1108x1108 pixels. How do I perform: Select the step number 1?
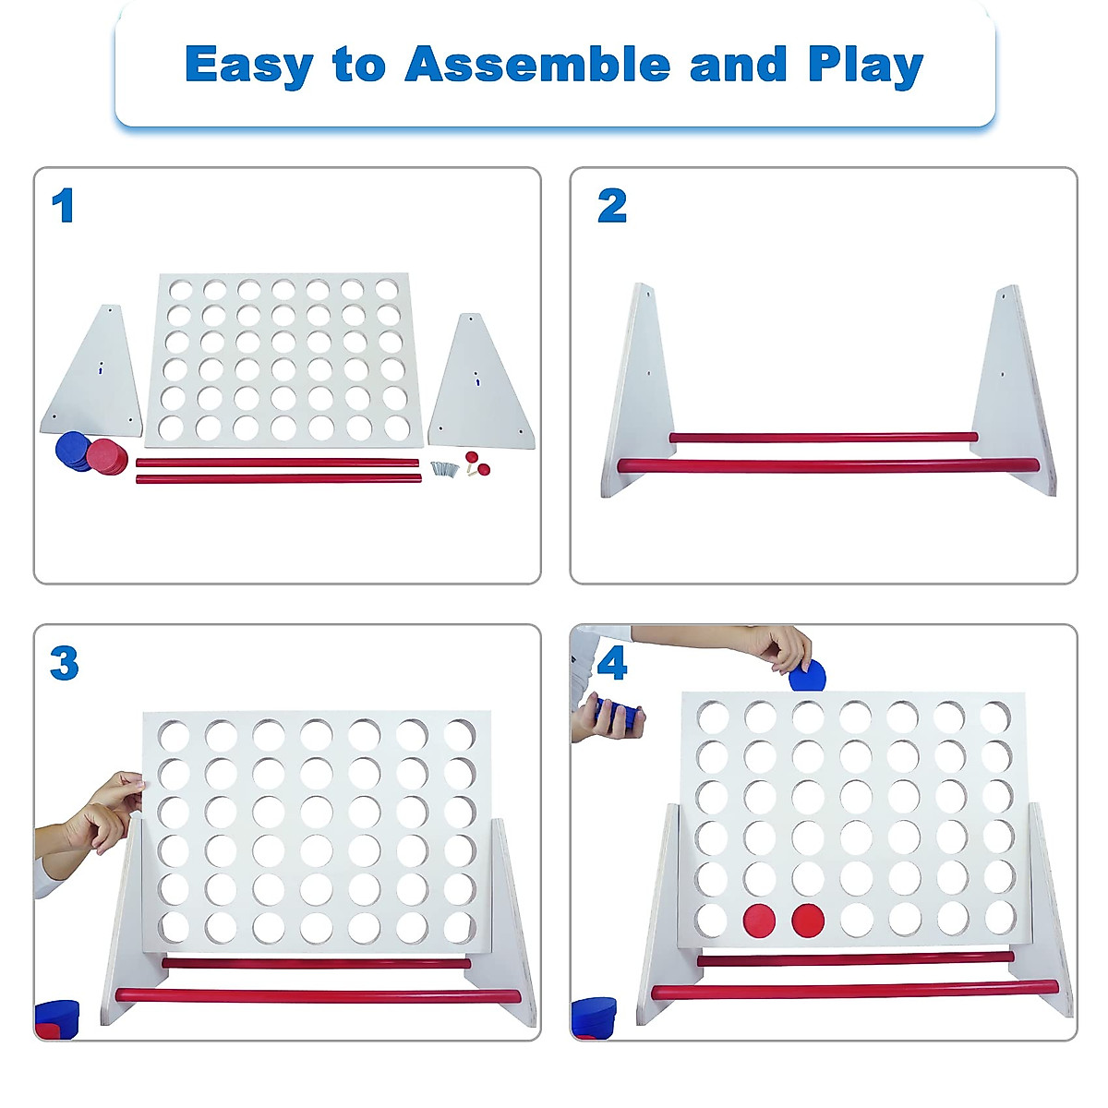click(63, 206)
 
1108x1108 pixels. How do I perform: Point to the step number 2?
click(611, 206)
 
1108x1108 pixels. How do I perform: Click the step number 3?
click(64, 663)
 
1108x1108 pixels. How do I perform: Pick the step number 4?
click(611, 663)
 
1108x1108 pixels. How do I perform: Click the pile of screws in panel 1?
click(445, 469)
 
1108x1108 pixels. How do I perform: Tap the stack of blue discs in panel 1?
click(72, 452)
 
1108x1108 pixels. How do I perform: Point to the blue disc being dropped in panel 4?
click(808, 676)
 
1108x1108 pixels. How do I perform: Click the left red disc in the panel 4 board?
click(760, 920)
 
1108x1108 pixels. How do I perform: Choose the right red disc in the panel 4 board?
click(808, 920)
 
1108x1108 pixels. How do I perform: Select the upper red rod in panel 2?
click(822, 437)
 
